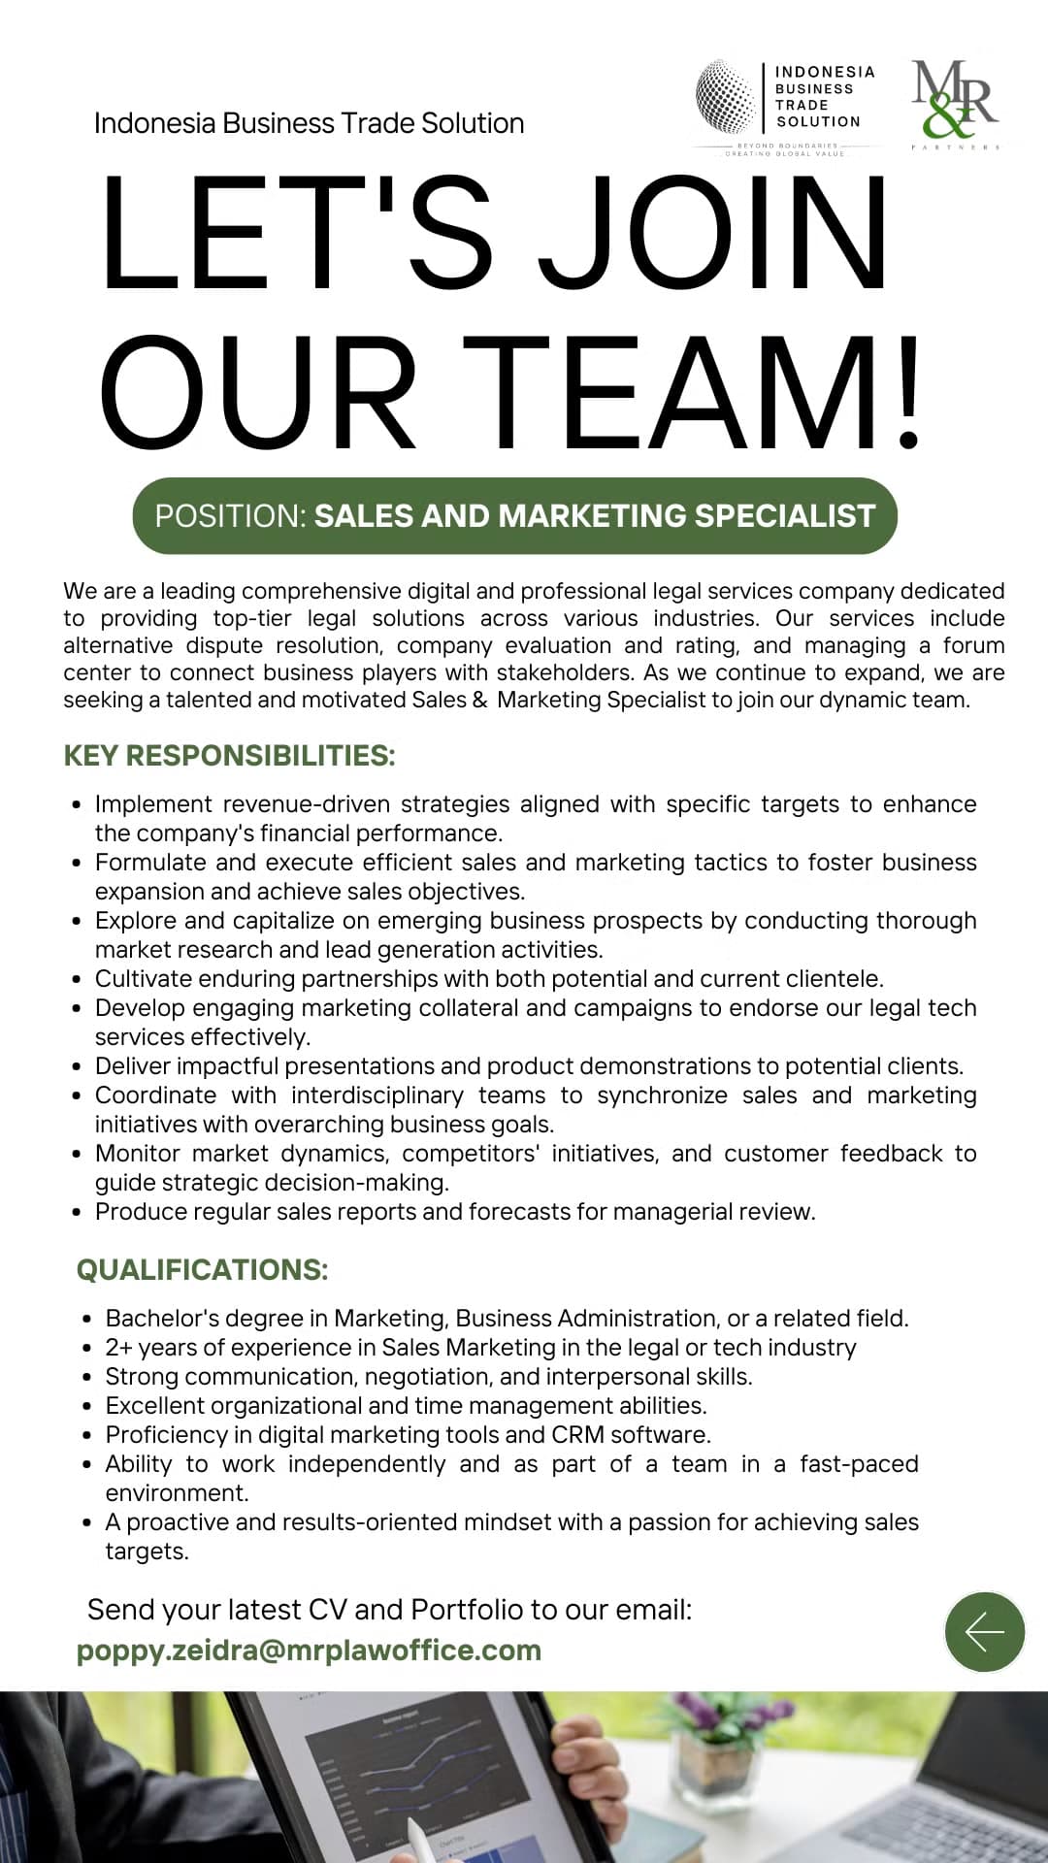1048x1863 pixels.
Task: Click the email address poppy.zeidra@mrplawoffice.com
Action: tap(309, 1651)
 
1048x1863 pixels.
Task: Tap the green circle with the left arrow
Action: tap(984, 1632)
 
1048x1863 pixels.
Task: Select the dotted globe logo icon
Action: tap(726, 96)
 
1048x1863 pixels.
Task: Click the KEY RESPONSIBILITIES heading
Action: tap(229, 756)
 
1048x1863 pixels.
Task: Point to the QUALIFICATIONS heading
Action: tap(202, 1270)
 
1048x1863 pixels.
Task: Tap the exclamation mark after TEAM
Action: tap(908, 394)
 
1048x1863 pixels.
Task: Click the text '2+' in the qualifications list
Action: tap(119, 1348)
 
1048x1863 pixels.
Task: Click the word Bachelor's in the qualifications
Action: tap(156, 1319)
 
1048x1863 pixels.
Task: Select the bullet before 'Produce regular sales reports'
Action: tap(78, 1213)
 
